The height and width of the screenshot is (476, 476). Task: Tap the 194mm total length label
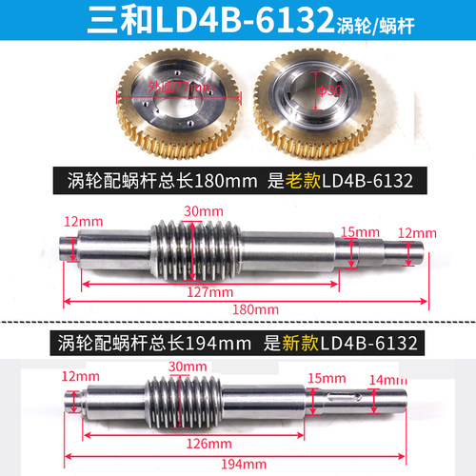pyautogui.click(x=251, y=464)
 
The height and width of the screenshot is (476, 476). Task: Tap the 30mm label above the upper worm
pyautogui.click(x=201, y=210)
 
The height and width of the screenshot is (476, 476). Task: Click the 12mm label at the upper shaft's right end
pyautogui.click(x=416, y=231)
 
